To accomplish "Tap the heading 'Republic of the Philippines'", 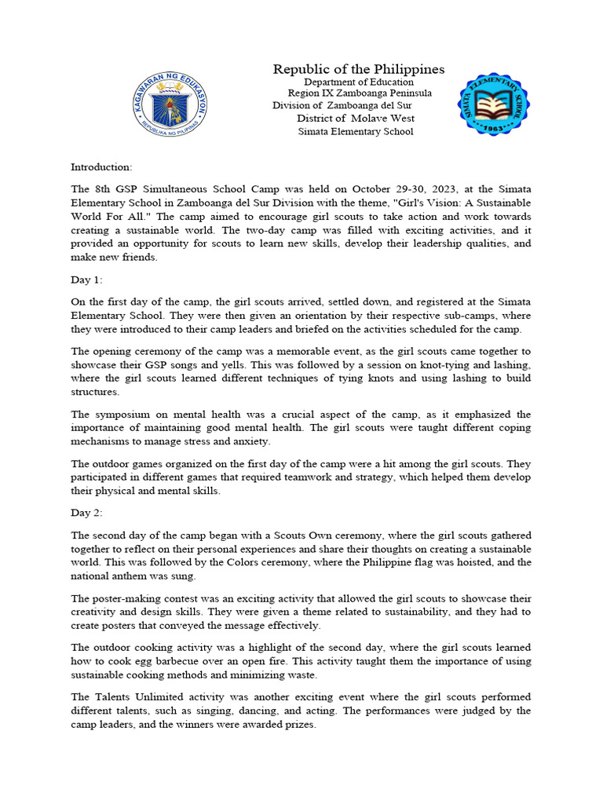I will (x=359, y=69).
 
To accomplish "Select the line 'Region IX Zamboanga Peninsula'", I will (x=360, y=93).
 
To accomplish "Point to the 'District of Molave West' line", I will (x=356, y=119).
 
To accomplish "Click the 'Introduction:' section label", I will (x=102, y=166).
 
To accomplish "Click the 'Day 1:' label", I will (x=86, y=280).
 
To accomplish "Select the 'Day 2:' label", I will (x=86, y=512).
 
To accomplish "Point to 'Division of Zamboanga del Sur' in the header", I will (x=342, y=106).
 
